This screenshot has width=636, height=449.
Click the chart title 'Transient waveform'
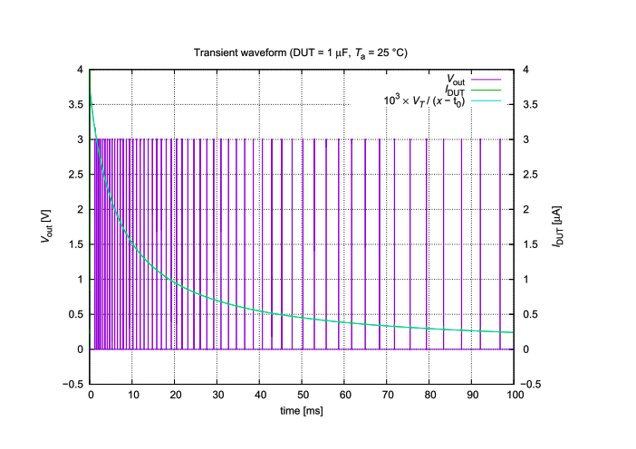coord(300,53)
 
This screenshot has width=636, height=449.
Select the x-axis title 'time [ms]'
coord(302,411)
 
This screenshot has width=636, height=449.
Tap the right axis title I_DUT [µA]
coord(560,226)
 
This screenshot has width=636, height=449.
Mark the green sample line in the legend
coord(493,101)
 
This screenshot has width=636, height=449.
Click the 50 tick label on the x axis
coord(302,395)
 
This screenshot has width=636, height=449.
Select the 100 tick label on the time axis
coord(515,395)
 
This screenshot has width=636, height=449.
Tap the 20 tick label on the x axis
coord(175,395)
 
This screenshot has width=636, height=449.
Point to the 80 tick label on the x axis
coord(429,395)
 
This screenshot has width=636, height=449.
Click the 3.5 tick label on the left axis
coord(76,105)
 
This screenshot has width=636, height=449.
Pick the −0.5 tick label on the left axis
coord(73,385)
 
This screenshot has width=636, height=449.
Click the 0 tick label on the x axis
coord(90,395)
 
